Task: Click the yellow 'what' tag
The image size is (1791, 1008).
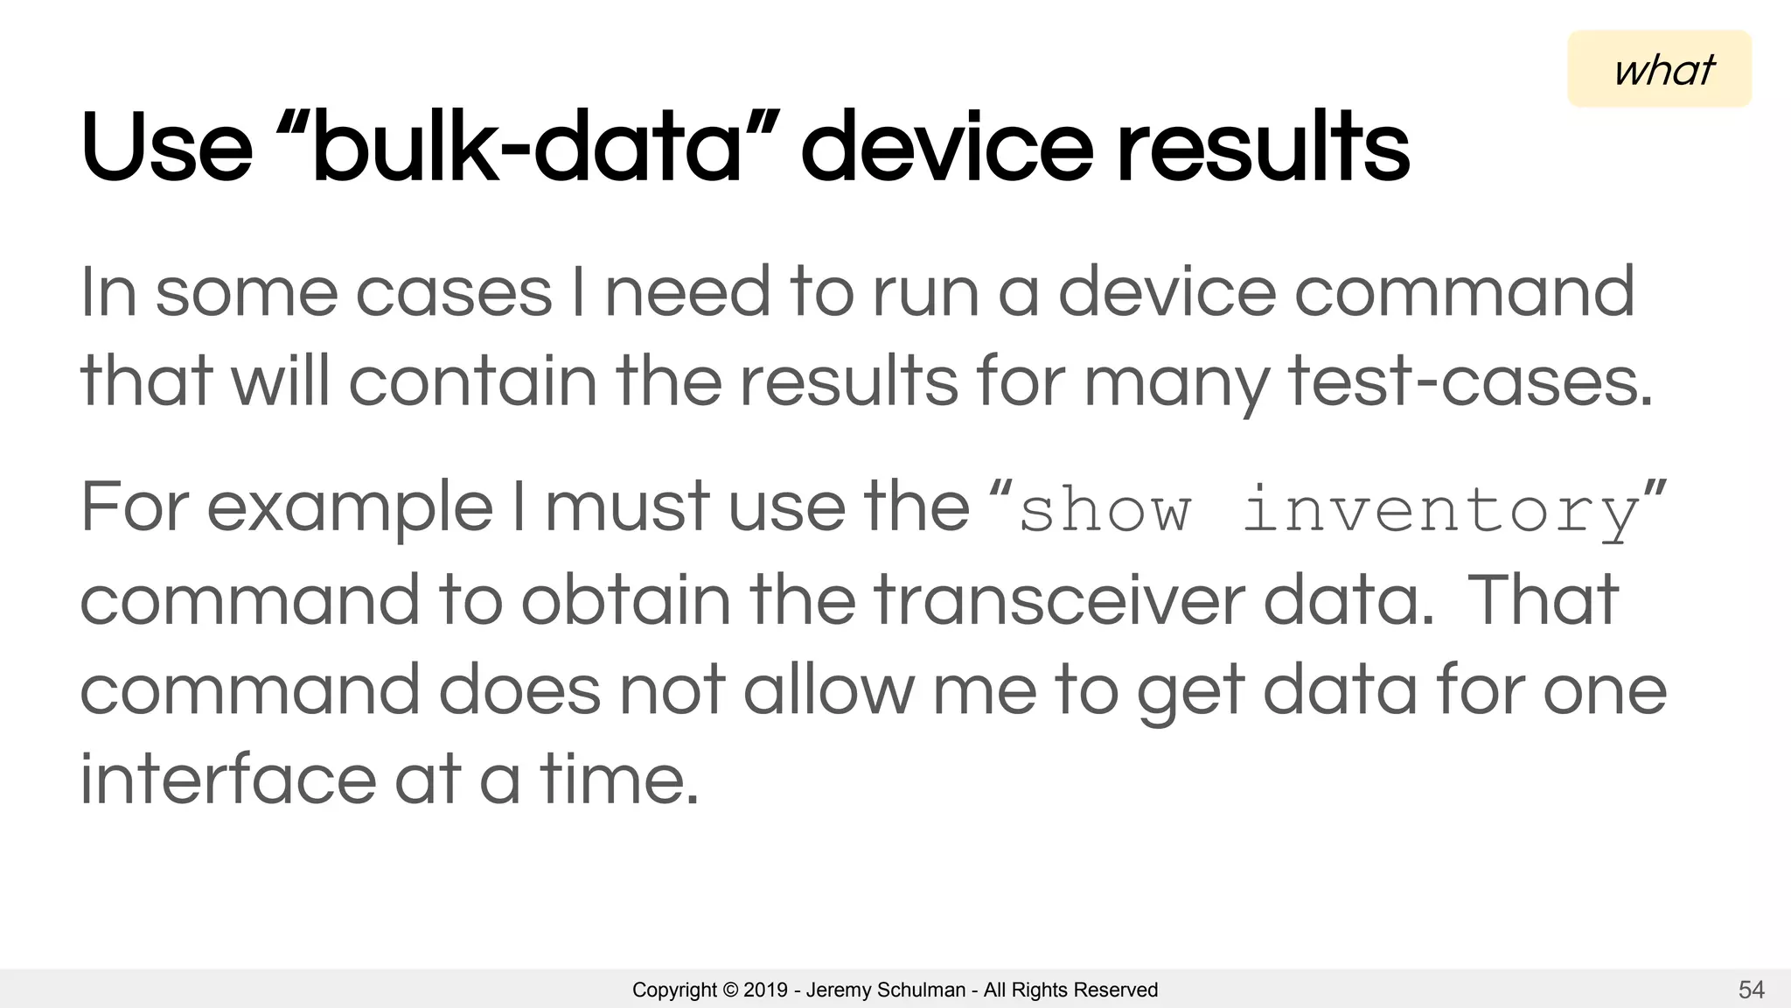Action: click(x=1659, y=69)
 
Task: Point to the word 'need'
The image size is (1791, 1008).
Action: click(x=687, y=293)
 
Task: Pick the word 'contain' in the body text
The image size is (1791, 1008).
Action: click(x=472, y=382)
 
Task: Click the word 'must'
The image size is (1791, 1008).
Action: click(x=627, y=508)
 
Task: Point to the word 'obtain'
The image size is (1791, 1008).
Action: click(x=625, y=600)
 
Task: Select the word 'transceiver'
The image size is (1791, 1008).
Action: click(x=1059, y=600)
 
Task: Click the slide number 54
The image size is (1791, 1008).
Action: click(x=1751, y=990)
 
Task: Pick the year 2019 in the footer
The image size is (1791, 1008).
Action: click(x=765, y=990)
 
